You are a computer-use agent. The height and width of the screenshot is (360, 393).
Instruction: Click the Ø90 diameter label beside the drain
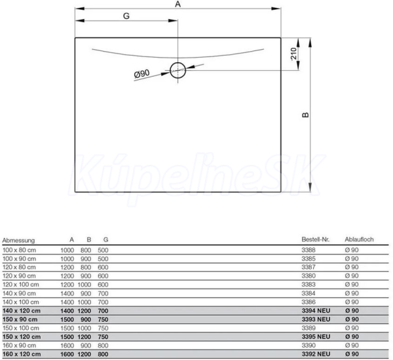click(x=142, y=74)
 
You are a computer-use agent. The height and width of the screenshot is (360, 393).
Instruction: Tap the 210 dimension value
click(x=293, y=54)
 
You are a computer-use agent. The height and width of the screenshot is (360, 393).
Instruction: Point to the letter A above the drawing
click(x=178, y=4)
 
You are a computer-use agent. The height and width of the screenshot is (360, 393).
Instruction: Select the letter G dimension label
click(x=126, y=16)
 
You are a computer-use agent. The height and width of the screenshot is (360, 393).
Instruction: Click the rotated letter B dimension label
click(x=305, y=115)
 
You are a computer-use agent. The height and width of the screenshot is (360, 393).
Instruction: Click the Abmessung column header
click(x=18, y=240)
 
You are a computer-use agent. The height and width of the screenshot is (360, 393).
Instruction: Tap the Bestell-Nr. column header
click(x=315, y=240)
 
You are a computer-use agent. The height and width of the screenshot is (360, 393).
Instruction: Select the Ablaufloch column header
click(x=359, y=240)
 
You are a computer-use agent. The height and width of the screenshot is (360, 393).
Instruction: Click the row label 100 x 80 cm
click(x=19, y=250)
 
